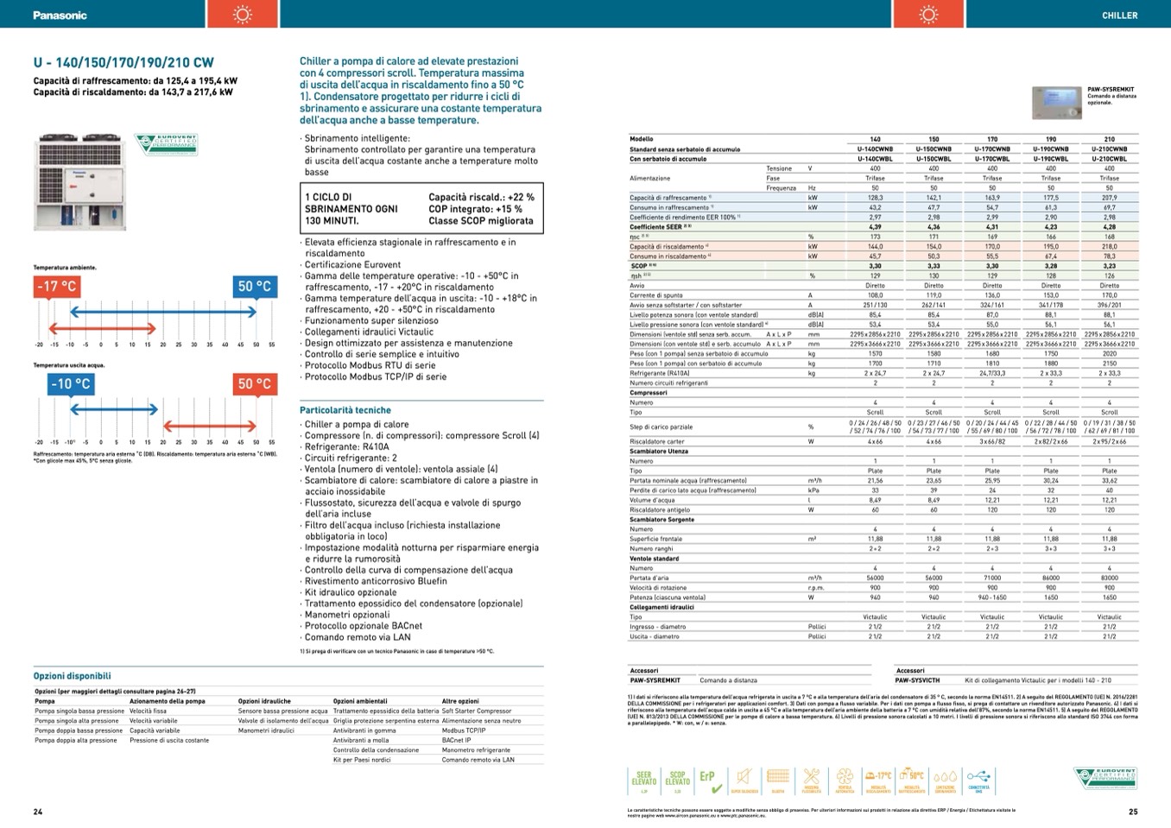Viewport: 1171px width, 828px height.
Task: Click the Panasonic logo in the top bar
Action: coord(60,15)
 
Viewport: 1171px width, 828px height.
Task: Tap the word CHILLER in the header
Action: coord(1119,15)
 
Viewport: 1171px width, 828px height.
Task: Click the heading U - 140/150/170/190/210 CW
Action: coord(123,62)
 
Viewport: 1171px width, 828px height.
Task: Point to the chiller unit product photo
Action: coord(80,180)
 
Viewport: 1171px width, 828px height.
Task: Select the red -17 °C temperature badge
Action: coord(57,286)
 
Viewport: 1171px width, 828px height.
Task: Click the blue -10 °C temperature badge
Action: coord(70,383)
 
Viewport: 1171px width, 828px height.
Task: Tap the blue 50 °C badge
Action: coord(255,286)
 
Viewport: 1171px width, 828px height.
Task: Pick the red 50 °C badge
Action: coord(255,383)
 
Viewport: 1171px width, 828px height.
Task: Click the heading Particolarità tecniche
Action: coord(345,410)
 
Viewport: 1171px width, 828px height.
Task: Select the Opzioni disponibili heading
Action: coord(73,676)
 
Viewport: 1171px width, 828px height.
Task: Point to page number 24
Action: coord(38,812)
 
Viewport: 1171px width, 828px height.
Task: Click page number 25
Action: coord(1133,812)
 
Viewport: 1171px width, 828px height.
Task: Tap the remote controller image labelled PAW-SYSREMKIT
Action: coord(1057,102)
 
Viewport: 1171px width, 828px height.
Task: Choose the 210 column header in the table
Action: coord(1109,139)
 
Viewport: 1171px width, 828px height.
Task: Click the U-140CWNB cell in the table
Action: coord(875,149)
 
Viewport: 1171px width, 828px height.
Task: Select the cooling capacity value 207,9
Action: coord(1109,198)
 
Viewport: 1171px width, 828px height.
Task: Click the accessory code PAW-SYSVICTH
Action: coord(917,680)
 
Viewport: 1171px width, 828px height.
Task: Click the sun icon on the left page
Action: coord(243,15)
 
